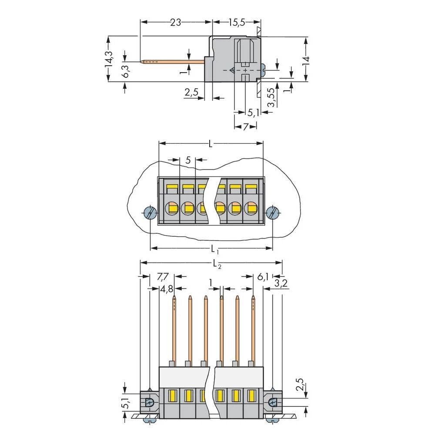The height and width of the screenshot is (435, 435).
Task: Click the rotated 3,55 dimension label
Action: pyautogui.click(x=271, y=98)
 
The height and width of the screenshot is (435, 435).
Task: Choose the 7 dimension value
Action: pyautogui.click(x=245, y=127)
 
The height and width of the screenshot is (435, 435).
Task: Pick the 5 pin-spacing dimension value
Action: pyautogui.click(x=188, y=160)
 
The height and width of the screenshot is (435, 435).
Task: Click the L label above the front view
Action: pyautogui.click(x=211, y=144)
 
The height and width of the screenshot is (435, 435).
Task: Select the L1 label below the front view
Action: pyautogui.click(x=214, y=249)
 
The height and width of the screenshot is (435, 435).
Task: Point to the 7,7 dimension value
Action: pyautogui.click(x=162, y=277)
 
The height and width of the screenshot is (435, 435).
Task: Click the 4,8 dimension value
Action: pyautogui.click(x=167, y=289)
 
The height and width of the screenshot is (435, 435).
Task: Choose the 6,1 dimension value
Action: pyautogui.click(x=263, y=277)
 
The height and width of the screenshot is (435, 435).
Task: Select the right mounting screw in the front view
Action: pyautogui.click(x=272, y=213)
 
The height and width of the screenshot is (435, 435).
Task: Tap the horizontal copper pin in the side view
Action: pyautogui.click(x=174, y=62)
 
